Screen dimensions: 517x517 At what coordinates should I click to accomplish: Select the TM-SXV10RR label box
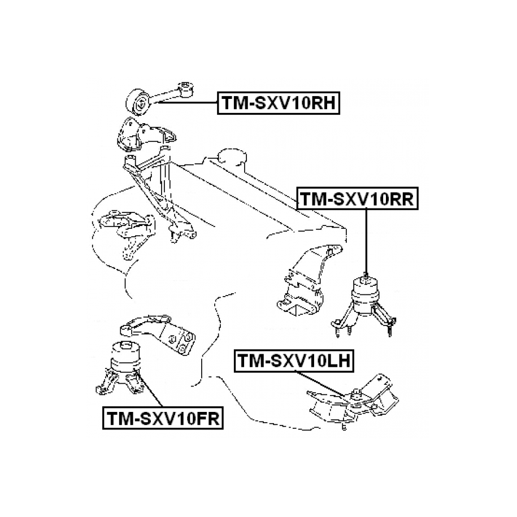click(x=357, y=199)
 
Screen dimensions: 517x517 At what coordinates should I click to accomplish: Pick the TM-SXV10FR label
click(x=162, y=418)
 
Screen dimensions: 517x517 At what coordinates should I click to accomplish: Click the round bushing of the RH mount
click(x=140, y=102)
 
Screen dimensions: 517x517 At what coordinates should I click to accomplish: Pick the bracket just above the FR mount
click(x=158, y=333)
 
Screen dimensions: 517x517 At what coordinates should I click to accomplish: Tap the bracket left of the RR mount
click(x=308, y=283)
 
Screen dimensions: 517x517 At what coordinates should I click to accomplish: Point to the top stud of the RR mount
click(x=366, y=276)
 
